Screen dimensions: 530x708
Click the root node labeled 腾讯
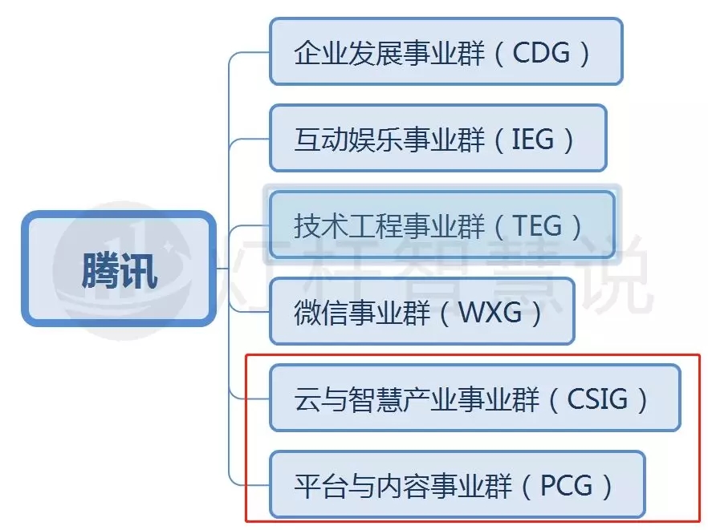point(119,269)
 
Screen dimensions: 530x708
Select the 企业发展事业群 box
point(446,51)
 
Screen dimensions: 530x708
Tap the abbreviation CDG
point(541,53)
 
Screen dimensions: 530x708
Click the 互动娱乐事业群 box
point(437,138)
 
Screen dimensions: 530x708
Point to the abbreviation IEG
point(533,140)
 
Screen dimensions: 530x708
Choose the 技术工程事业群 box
point(441,225)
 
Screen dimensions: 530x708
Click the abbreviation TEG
point(537,226)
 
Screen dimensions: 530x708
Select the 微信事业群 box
point(421,311)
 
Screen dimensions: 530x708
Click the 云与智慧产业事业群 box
point(474,398)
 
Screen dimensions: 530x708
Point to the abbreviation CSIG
point(598,399)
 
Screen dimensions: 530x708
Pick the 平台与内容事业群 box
point(457,484)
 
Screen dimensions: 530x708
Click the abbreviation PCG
point(566,485)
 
